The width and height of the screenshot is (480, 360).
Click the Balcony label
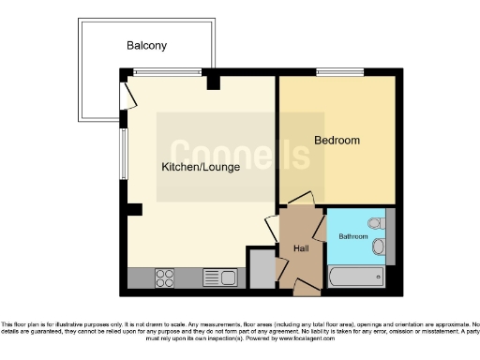[147, 45]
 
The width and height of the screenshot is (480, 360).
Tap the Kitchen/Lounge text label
[201, 168]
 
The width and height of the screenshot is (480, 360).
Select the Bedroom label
[337, 141]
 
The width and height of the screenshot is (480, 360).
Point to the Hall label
[301, 249]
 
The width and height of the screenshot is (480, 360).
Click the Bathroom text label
[352, 237]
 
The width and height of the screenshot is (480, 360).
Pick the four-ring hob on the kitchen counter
[165, 277]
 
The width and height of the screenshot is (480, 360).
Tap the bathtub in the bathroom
[356, 277]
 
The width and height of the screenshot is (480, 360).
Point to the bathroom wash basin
[379, 247]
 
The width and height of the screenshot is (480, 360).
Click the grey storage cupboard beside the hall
[262, 270]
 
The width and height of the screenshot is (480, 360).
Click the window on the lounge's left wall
[123, 154]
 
